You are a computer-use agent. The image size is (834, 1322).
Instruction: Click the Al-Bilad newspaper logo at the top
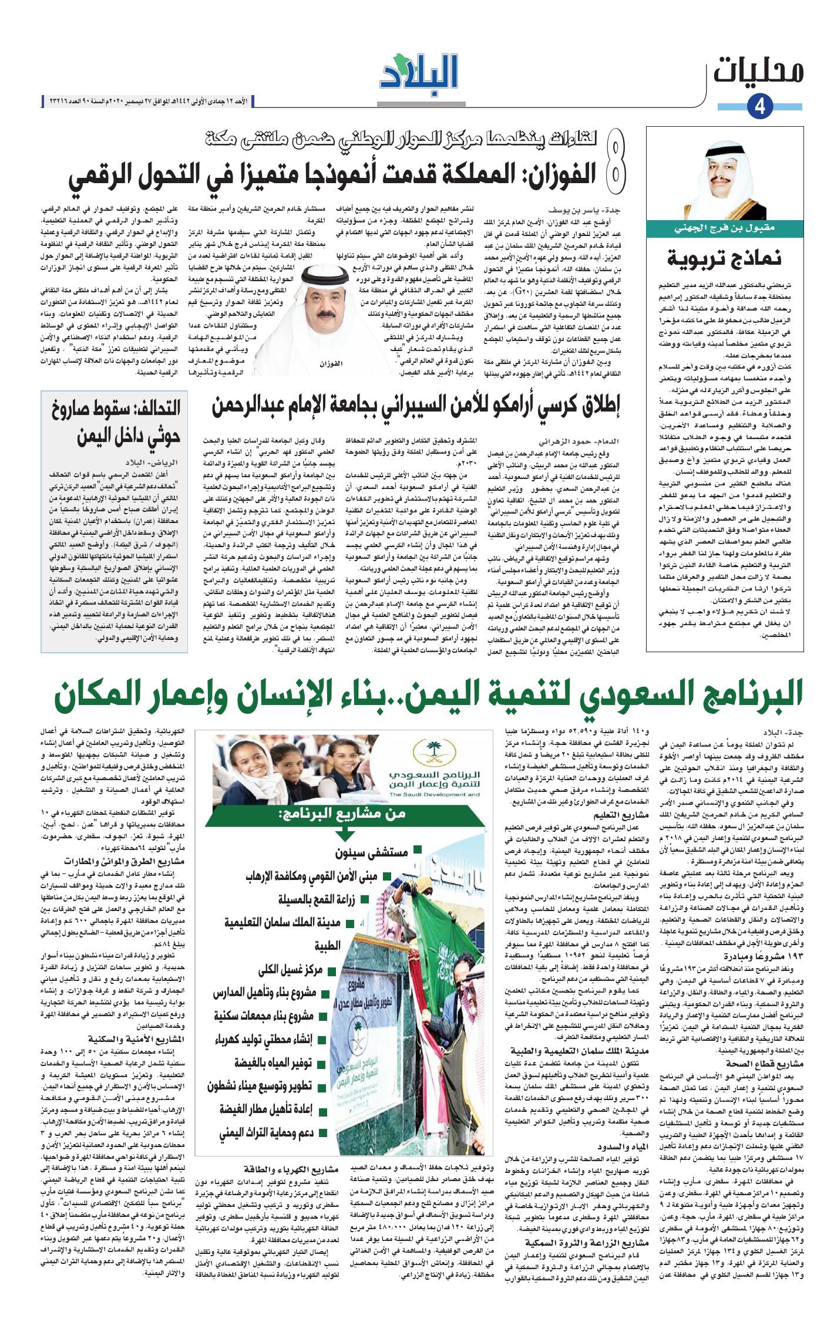[418, 76]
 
